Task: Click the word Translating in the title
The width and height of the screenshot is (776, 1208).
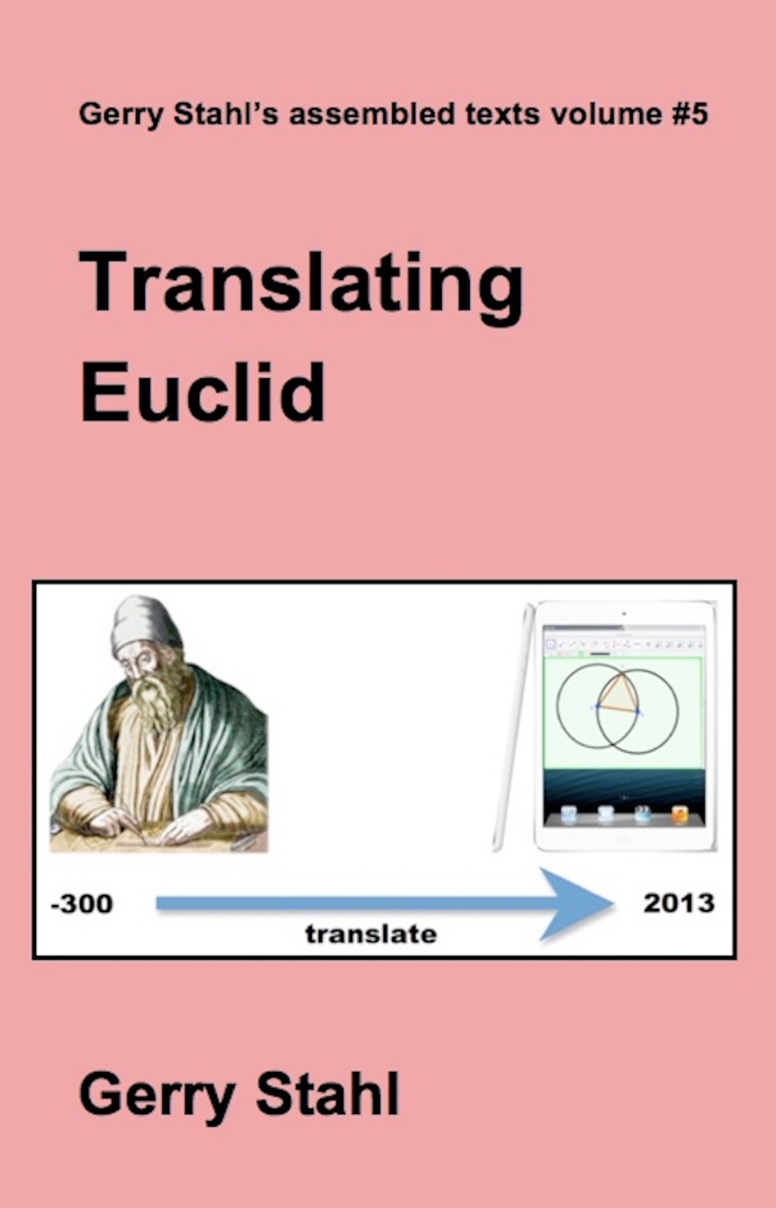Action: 301,288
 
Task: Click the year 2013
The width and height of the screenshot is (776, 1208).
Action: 679,903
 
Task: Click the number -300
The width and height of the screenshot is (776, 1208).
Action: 81,903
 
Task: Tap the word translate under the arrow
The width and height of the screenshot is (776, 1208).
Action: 371,934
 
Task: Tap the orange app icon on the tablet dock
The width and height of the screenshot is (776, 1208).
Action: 680,814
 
